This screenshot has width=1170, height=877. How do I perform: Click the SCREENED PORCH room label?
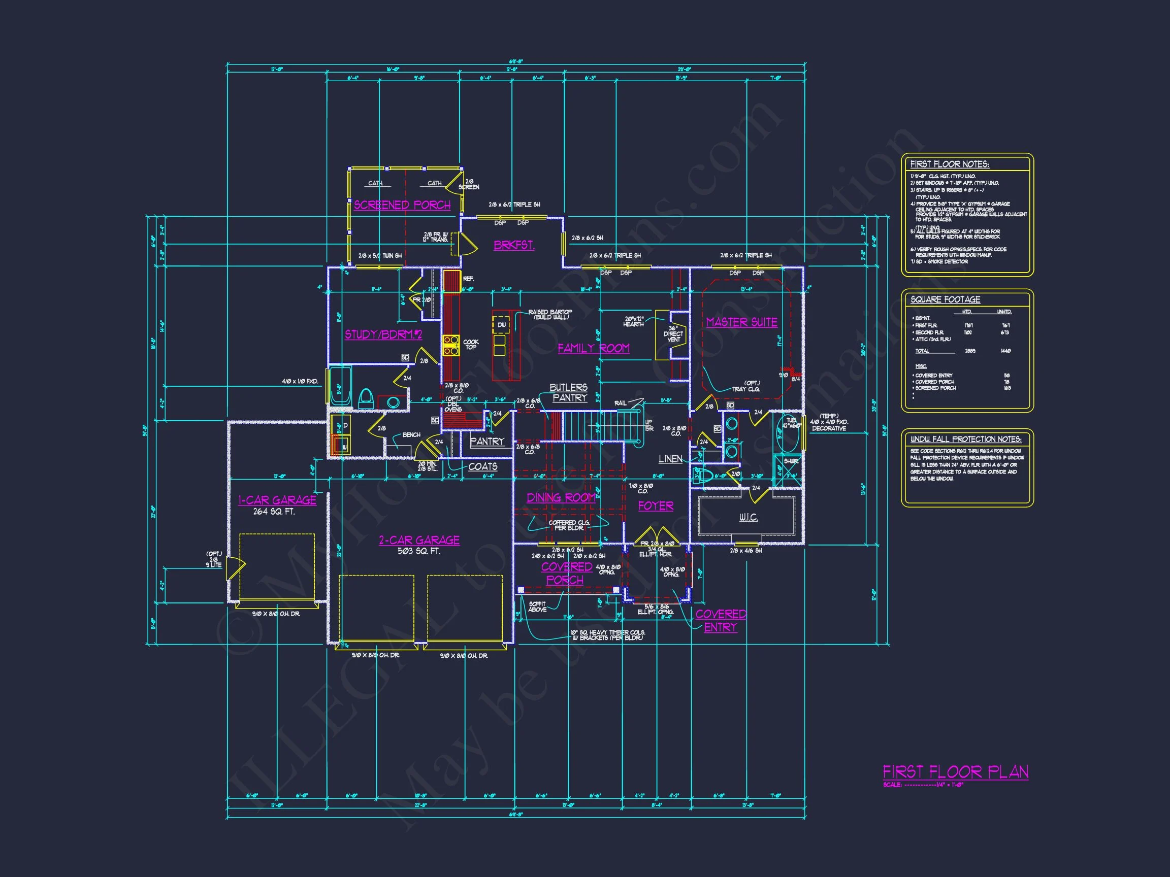pyautogui.click(x=402, y=205)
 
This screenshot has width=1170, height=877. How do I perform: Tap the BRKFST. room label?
pyautogui.click(x=513, y=245)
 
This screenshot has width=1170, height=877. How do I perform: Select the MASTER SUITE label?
pyautogui.click(x=741, y=322)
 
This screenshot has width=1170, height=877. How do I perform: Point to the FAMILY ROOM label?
pyautogui.click(x=594, y=348)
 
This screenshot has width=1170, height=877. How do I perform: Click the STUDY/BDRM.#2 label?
pyautogui.click(x=383, y=334)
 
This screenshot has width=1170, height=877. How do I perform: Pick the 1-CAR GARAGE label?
pyautogui.click(x=277, y=500)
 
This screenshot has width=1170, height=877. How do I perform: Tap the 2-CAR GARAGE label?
pyautogui.click(x=419, y=541)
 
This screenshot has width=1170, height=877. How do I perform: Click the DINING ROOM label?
pyautogui.click(x=561, y=498)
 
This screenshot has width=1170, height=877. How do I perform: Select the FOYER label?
pyautogui.click(x=656, y=506)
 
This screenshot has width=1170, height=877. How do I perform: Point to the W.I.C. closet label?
pyautogui.click(x=748, y=518)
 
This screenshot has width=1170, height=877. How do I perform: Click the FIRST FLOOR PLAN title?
pyautogui.click(x=955, y=772)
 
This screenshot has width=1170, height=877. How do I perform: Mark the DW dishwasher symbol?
pyautogui.click(x=501, y=325)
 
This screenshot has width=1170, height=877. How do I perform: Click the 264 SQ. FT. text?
pyautogui.click(x=274, y=512)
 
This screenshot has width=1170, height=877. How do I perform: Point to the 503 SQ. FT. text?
pyautogui.click(x=418, y=551)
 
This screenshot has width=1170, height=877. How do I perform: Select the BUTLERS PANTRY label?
pyautogui.click(x=569, y=393)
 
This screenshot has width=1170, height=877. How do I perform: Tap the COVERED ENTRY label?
pyautogui.click(x=721, y=621)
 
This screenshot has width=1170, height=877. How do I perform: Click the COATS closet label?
pyautogui.click(x=482, y=467)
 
